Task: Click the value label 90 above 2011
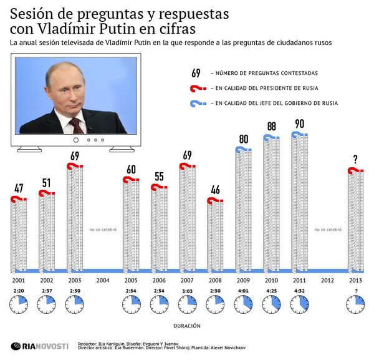(x=299, y=124)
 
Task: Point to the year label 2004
(x=103, y=281)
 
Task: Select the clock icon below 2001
(x=19, y=305)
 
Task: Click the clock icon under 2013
(x=356, y=305)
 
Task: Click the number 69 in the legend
(x=196, y=73)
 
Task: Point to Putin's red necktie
(x=76, y=124)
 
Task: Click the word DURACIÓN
(x=186, y=324)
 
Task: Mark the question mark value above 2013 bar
(x=355, y=159)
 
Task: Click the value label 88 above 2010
(x=272, y=127)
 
